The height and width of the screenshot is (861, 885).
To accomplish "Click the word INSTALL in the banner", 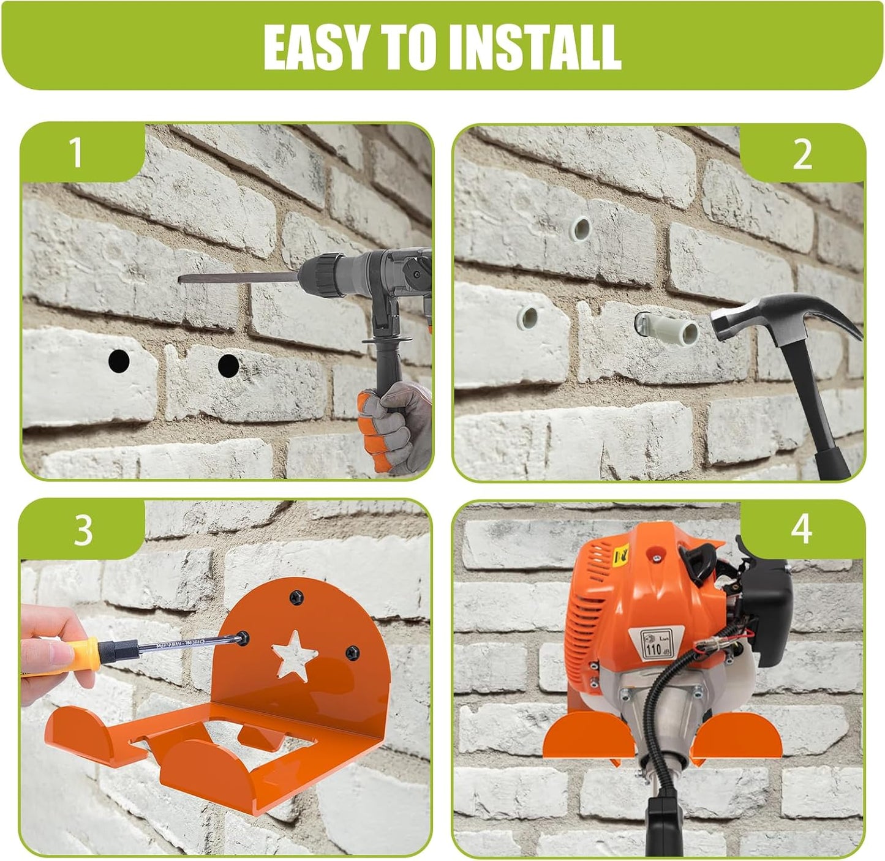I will click(x=535, y=47).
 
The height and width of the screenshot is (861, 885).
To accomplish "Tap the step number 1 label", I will click(x=76, y=152).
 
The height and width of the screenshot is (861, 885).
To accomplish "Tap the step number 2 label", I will click(x=802, y=154).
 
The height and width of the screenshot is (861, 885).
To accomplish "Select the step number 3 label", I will click(x=83, y=530).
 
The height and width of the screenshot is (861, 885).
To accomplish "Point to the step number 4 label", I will click(x=801, y=529).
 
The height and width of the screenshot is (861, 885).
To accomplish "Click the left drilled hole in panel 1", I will click(x=119, y=361).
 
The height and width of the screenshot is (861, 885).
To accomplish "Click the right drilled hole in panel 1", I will click(x=228, y=365).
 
